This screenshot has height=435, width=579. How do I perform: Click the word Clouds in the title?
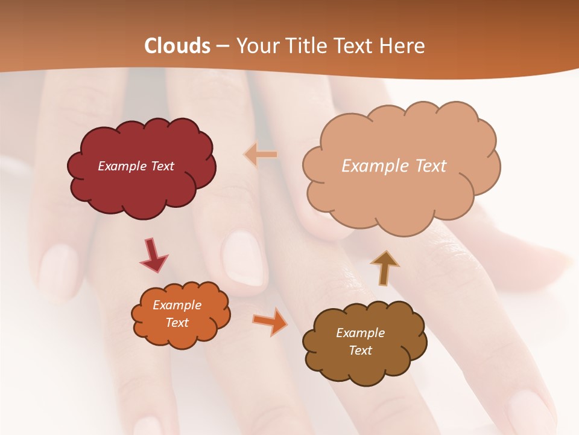[x=177, y=46]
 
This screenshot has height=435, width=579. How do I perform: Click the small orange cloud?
[x=181, y=335]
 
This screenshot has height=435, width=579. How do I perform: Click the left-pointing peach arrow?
[x=261, y=155]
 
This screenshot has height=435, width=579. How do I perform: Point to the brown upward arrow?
[x=384, y=268]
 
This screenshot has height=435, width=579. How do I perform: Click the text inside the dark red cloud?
[x=136, y=166]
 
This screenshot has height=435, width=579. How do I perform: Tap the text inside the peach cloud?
[x=394, y=166]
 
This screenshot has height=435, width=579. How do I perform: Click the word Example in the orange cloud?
[x=177, y=305]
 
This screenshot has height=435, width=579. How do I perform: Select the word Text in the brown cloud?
[x=360, y=350]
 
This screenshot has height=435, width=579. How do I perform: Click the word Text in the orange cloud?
[x=177, y=323]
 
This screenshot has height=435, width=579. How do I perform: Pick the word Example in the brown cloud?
[x=360, y=333]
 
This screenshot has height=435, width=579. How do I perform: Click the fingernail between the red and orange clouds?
[x=243, y=259]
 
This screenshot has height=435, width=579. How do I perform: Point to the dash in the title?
[x=223, y=47]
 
